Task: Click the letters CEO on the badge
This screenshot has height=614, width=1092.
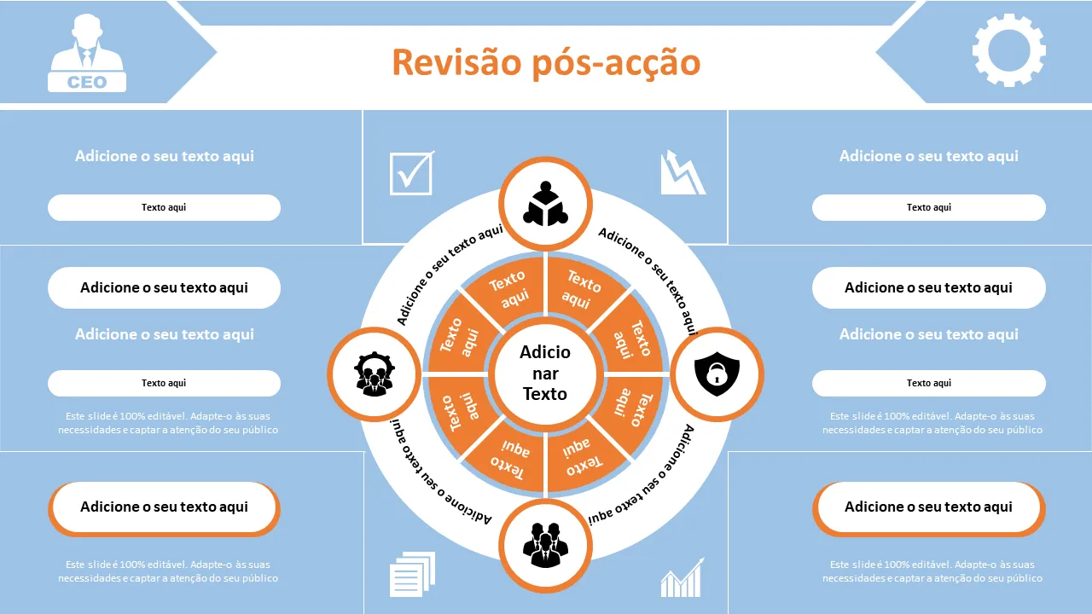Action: (87, 82)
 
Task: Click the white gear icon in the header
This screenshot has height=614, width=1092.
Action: (1008, 49)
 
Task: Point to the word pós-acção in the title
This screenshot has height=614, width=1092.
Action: (616, 62)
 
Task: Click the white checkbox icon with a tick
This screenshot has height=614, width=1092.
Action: (411, 172)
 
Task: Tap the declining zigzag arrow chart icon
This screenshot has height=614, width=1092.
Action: (682, 172)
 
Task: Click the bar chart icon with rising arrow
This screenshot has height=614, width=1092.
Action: (682, 578)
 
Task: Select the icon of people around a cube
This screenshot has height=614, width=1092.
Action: (545, 204)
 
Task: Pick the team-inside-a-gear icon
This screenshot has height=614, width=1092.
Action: (374, 374)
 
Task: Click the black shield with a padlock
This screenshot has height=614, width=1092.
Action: (717, 373)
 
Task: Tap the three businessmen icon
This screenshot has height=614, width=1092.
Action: (545, 543)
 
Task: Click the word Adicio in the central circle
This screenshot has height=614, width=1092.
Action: (545, 352)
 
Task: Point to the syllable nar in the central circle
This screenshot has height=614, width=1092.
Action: (545, 374)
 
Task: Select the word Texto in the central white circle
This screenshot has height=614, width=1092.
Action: (545, 394)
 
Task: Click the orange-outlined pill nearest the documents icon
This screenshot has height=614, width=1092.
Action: (164, 507)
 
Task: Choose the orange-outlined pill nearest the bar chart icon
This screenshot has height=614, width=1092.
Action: (928, 507)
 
